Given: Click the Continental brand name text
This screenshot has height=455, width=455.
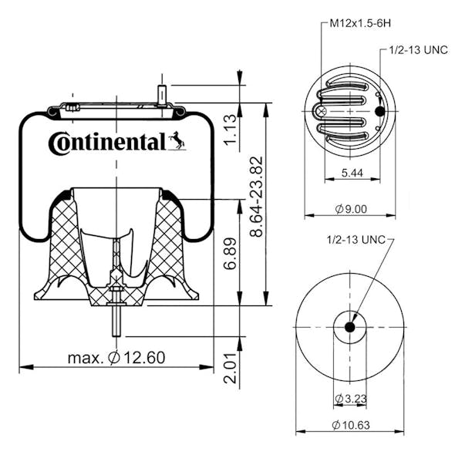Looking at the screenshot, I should (106, 143).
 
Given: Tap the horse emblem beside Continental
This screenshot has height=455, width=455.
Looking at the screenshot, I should (177, 141).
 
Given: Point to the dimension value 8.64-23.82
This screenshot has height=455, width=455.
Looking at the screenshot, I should (258, 197).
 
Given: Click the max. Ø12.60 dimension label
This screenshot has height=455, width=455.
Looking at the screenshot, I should (116, 358).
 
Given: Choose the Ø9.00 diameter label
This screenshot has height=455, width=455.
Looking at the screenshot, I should (351, 208).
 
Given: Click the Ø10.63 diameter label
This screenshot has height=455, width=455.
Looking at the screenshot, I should (351, 425).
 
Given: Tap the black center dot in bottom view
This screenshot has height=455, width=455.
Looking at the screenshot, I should (349, 326).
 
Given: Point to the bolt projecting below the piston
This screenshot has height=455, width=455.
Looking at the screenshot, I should (116, 322).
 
